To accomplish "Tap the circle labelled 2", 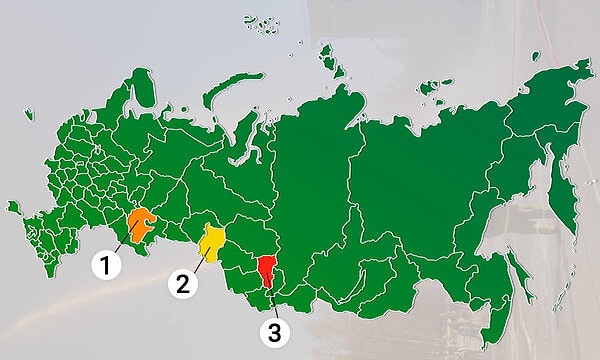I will (182, 283).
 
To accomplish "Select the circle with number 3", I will (270, 332).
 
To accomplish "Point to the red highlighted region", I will (267, 270).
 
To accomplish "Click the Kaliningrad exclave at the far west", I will (13, 207).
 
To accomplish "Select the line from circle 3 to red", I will (269, 300).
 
